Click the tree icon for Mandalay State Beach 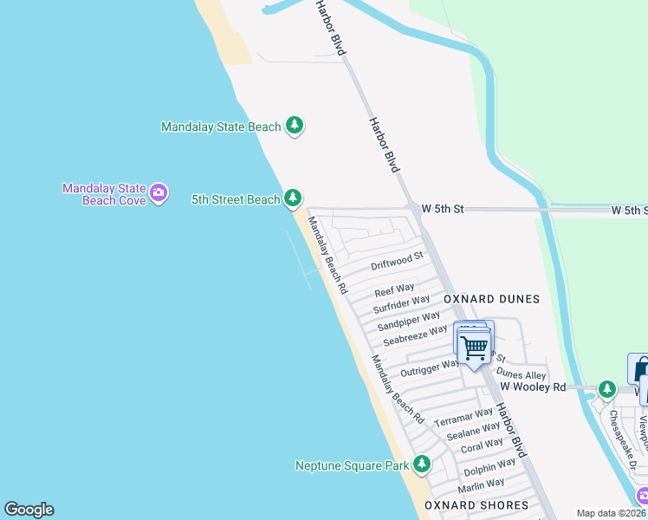[295, 126]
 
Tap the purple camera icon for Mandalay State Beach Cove [158, 193]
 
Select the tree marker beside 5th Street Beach [293, 199]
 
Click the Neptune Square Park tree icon [422, 465]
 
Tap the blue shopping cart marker [474, 348]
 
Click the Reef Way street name [394, 289]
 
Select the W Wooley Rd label [533, 387]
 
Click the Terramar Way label [463, 416]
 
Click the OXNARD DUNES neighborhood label [491, 299]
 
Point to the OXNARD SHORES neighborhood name [476, 505]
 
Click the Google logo [29, 510]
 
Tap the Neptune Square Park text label [352, 465]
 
